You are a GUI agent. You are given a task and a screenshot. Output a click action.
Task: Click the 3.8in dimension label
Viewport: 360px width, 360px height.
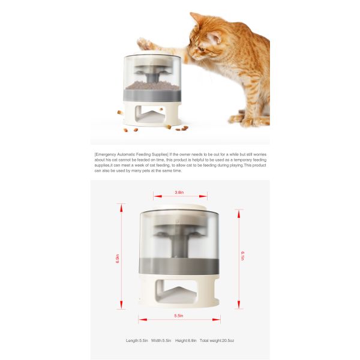[x=179, y=193]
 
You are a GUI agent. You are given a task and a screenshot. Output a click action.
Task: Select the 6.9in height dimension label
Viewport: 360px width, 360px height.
[x=118, y=258]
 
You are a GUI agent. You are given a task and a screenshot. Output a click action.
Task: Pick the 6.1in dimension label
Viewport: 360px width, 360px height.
[x=242, y=256]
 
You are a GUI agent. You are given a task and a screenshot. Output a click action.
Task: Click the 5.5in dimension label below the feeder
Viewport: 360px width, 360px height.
[x=179, y=316]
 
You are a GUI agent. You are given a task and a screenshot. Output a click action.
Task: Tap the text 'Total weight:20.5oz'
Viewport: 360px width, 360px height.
[x=218, y=340]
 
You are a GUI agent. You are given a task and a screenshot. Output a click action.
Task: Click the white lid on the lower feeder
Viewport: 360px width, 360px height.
[x=179, y=208]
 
